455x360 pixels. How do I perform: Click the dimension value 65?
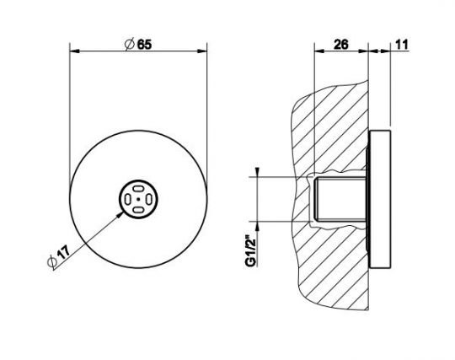[144, 45]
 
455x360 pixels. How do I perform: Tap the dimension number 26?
[340, 45]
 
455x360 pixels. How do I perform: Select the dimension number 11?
[402, 45]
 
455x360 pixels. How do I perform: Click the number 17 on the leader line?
[63, 251]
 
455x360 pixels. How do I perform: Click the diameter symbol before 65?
[130, 45]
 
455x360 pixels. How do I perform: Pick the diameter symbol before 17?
[51, 262]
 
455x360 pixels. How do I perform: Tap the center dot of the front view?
[138, 199]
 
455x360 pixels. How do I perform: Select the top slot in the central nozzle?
[138, 189]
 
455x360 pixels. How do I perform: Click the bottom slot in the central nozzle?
[138, 210]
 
